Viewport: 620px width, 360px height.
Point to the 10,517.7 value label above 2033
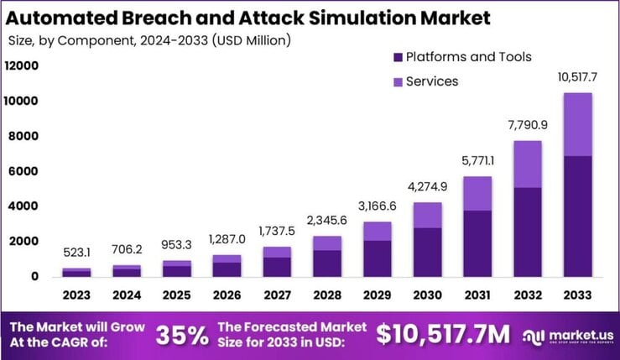pyautogui.click(x=578, y=78)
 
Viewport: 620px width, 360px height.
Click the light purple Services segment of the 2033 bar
pyautogui.click(x=578, y=124)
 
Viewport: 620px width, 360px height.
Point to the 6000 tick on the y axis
pyautogui.click(x=24, y=171)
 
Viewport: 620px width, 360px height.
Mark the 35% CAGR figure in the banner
pyautogui.click(x=182, y=334)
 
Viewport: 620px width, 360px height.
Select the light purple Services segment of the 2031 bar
pyautogui.click(x=477, y=193)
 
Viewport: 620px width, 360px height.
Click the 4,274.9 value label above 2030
pyautogui.click(x=426, y=186)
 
